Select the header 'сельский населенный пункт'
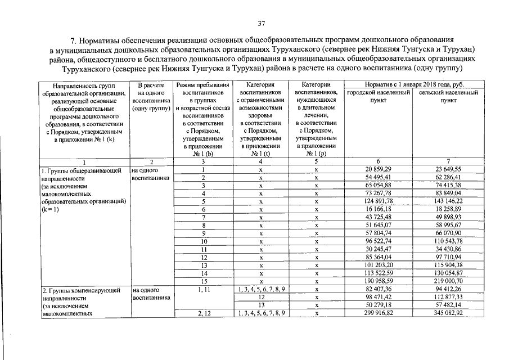(448, 96)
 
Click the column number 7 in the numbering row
(448, 161)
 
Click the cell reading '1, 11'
(204, 288)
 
